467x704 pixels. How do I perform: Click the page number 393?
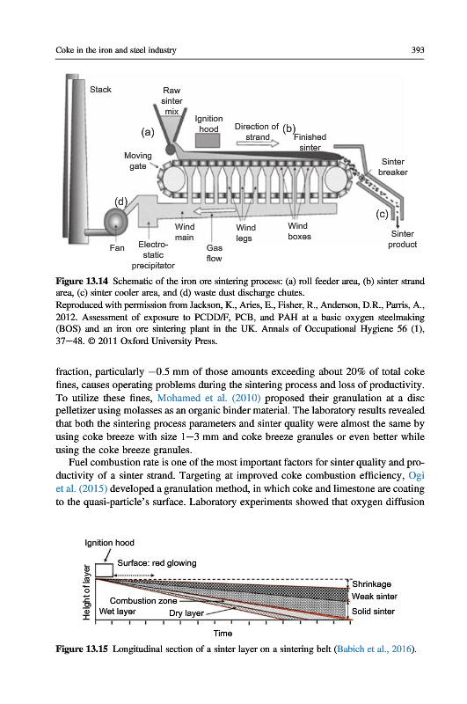[417, 50]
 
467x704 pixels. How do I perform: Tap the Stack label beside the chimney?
[100, 90]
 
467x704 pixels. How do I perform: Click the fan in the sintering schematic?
[116, 221]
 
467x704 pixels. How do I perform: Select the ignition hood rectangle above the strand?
[208, 140]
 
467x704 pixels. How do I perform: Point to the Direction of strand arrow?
[258, 143]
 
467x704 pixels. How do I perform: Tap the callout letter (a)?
[148, 132]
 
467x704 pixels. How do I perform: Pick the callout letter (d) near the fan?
[120, 202]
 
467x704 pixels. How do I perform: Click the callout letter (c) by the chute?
[382, 214]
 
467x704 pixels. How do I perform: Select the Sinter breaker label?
[393, 166]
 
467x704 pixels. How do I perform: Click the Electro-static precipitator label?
[153, 255]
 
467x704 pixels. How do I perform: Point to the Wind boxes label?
[299, 231]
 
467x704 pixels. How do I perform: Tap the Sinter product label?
[403, 238]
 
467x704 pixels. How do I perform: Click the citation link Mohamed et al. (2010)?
[209, 398]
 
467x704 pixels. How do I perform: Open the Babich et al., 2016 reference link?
[374, 649]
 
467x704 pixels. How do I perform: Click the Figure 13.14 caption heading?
[82, 281]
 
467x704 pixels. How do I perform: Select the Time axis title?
[223, 633]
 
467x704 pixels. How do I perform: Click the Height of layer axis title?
[87, 592]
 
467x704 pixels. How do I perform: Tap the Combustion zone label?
[143, 601]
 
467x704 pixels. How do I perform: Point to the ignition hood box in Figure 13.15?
[104, 570]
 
